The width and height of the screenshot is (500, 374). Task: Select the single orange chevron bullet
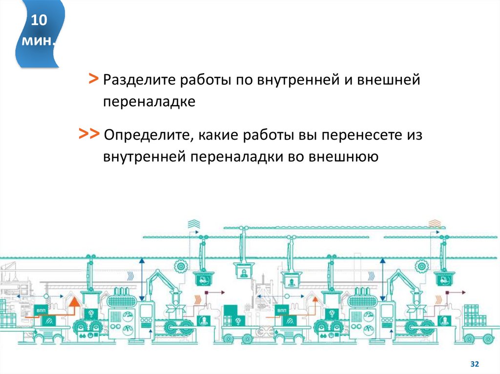coord(93,78)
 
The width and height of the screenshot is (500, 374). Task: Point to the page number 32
coord(474,364)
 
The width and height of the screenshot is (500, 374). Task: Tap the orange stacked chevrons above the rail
coord(434,224)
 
